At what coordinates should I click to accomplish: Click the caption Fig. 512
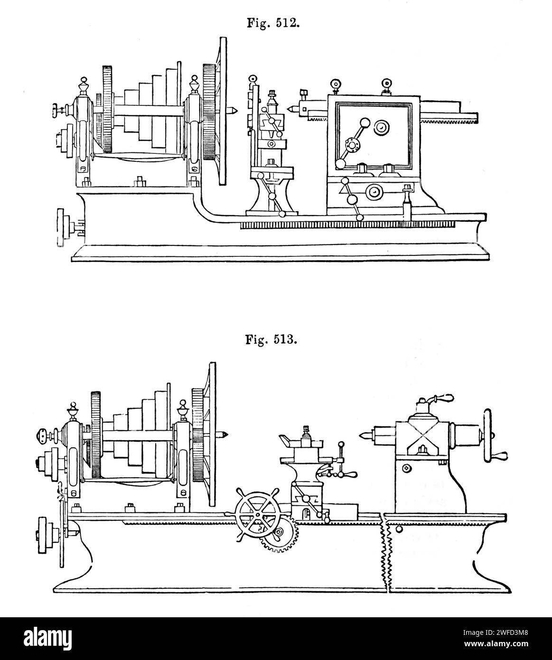[x=273, y=23]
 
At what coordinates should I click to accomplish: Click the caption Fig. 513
[x=271, y=340]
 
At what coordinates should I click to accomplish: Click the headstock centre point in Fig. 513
[x=224, y=435]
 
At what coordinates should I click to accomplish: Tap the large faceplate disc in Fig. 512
[x=223, y=111]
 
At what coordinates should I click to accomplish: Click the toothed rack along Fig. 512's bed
[x=347, y=225]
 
